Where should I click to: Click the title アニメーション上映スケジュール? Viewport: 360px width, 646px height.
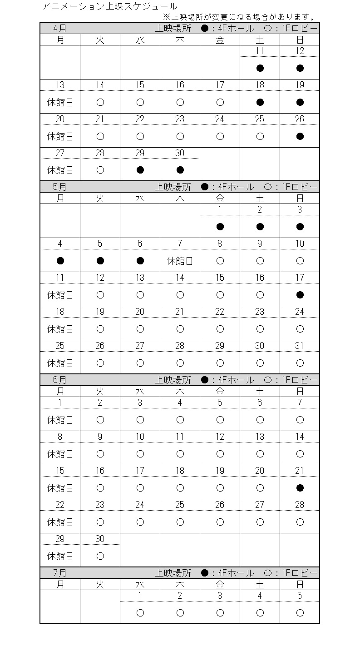pos(109,6)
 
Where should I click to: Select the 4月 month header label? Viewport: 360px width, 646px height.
pos(60,28)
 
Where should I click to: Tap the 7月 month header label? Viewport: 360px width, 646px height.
pos(60,573)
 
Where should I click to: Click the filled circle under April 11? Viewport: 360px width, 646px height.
pos(260,69)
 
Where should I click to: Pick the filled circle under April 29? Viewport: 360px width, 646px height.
pos(140,170)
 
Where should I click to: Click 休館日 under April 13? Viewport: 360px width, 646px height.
pos(60,102)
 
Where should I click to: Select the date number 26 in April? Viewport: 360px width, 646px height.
pos(300,119)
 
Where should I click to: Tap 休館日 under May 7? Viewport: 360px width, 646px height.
pos(180,261)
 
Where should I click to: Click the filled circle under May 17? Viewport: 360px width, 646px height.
pos(300,295)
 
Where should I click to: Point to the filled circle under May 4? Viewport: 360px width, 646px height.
pos(60,261)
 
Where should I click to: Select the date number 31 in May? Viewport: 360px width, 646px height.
pos(300,346)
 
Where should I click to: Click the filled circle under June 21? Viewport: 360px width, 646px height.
pos(300,488)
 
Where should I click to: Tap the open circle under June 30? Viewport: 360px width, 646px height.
pos(100,556)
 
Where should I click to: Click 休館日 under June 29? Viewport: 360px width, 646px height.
pos(60,556)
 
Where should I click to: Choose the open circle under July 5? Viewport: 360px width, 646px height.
pos(300,613)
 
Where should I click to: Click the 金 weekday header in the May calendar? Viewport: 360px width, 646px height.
pos(220,199)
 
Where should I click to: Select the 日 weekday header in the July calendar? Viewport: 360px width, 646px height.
pos(300,584)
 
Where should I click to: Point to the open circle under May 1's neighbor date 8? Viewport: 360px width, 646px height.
pos(220,261)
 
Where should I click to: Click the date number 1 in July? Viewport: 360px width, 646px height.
pos(140,596)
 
